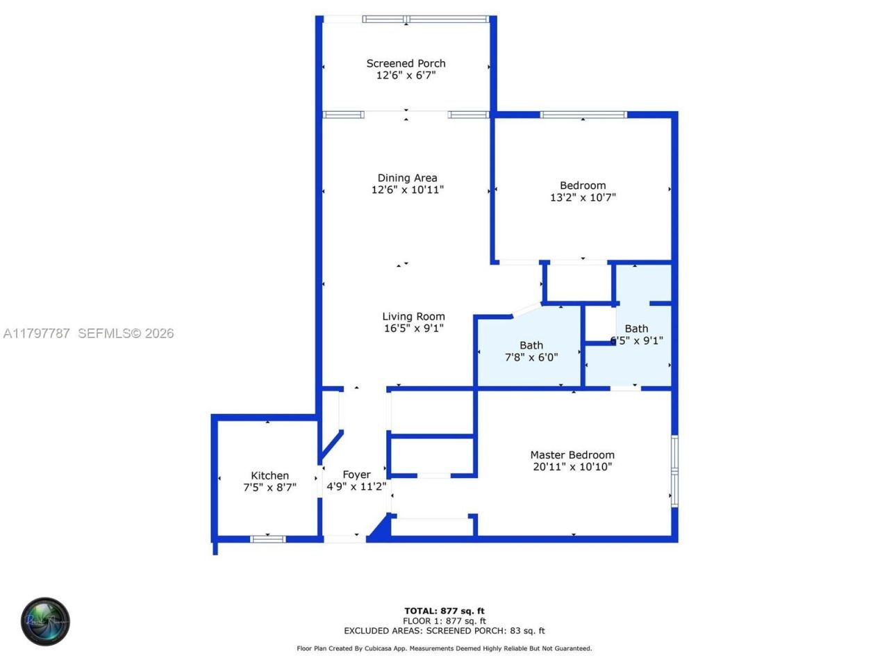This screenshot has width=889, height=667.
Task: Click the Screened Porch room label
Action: point(406,63)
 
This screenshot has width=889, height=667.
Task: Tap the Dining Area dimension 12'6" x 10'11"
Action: point(407,190)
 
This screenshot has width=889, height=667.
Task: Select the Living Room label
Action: point(413,316)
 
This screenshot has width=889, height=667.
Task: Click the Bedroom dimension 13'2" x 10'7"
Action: point(583,197)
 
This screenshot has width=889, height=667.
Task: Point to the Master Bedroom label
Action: point(572,455)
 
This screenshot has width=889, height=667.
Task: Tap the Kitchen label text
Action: point(269,476)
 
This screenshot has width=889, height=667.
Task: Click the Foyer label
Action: point(356,475)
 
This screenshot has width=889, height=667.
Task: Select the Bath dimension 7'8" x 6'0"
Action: point(531,357)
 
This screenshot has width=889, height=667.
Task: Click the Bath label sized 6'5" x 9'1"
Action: point(636,329)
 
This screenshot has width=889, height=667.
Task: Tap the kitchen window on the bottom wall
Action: point(267,538)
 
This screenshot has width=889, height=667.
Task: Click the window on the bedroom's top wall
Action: point(583,115)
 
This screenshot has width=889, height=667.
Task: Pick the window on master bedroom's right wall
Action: point(674,469)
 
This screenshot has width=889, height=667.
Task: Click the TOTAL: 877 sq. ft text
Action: point(444,611)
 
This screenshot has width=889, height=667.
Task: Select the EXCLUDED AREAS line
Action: point(444,631)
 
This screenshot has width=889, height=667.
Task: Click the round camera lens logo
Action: point(45,621)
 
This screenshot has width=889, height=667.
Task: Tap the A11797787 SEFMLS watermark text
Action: point(88,333)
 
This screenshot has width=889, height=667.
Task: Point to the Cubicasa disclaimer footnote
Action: point(444,648)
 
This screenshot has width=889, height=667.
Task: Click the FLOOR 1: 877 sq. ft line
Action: point(444,621)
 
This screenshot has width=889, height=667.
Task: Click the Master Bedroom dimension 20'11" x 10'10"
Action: point(572,467)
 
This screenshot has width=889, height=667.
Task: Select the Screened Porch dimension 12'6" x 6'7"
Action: point(406,75)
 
